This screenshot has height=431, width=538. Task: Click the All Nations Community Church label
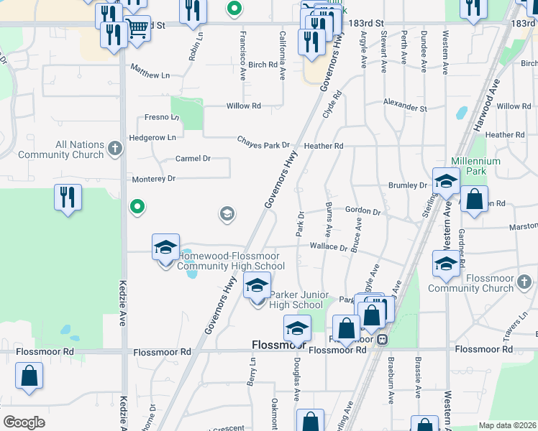coord(60,150)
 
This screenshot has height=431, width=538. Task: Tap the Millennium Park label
coord(475,166)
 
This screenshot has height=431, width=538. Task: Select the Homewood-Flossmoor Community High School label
coord(231,261)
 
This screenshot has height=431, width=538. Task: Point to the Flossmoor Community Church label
coord(471,283)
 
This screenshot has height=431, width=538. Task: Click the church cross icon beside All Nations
coord(114,149)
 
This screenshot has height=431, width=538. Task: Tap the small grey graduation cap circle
coord(227,214)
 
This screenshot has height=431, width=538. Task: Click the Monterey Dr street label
coord(152,179)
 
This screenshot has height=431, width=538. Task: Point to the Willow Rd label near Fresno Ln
coord(243,106)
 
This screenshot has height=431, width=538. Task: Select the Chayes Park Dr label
coord(265,145)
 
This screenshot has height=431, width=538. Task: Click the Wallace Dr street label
coord(329,247)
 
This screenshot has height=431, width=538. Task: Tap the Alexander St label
coord(405,106)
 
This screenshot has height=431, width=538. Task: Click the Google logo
coord(24,422)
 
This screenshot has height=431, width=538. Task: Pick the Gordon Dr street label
coord(363,210)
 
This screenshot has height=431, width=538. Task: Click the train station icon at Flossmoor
coord(383,338)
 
